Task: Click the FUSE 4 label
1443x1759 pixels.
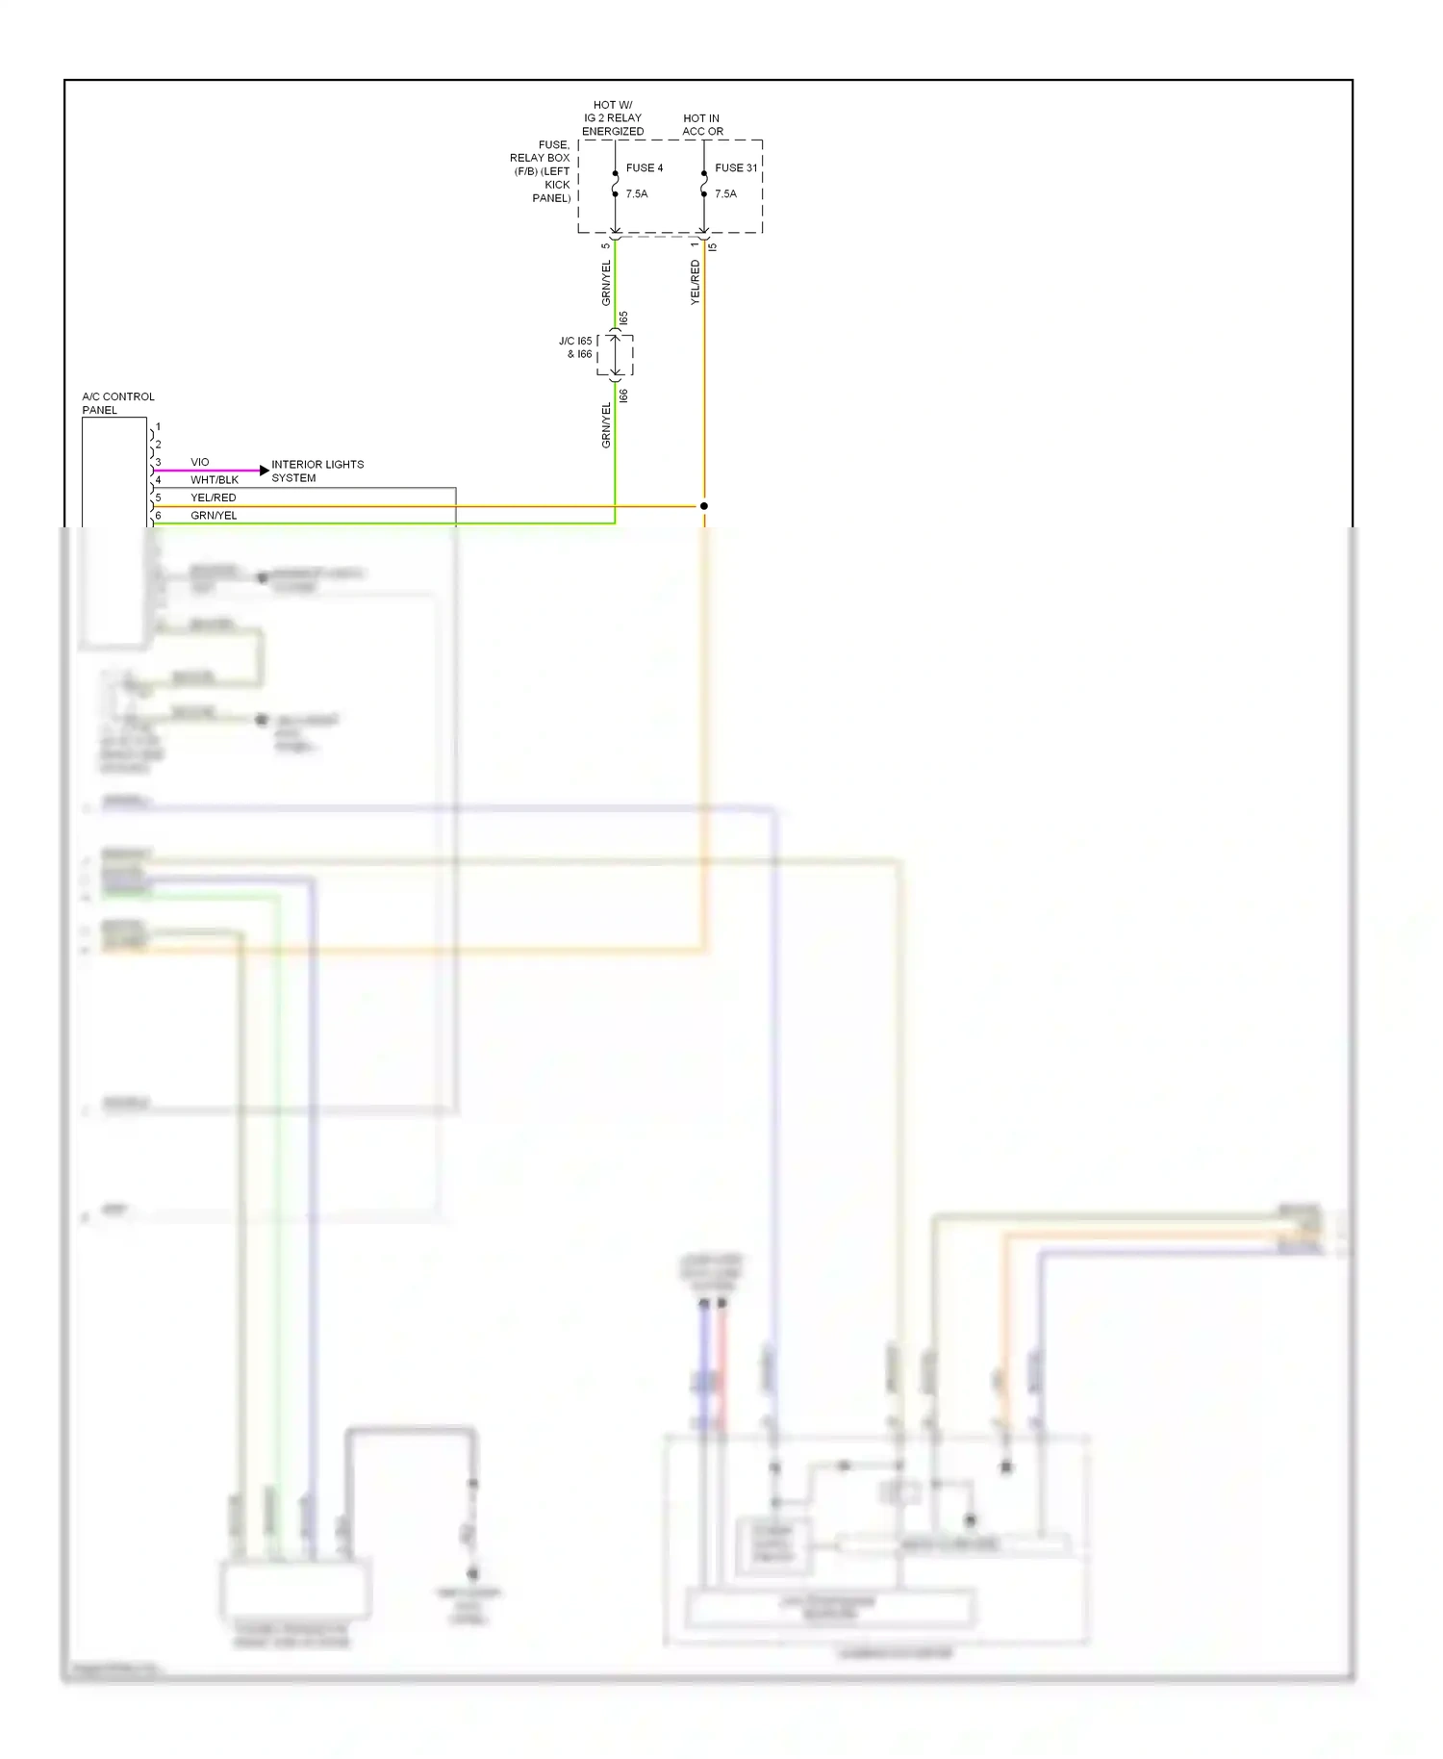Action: tap(644, 167)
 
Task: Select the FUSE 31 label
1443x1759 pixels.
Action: tap(735, 167)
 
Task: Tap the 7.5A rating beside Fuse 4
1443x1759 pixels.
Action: tap(636, 193)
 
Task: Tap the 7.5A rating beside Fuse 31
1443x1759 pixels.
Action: tap(725, 193)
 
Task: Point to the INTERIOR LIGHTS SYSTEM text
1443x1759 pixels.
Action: tap(316, 471)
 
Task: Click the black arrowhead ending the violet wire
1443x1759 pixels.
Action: tap(265, 471)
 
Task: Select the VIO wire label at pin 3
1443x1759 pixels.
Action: tap(199, 462)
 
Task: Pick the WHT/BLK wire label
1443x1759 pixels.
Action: tap(214, 479)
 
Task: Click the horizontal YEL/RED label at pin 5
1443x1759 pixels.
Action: tap(213, 497)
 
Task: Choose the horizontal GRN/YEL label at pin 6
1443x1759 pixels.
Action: tap(213, 516)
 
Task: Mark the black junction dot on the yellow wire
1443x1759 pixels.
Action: tap(704, 506)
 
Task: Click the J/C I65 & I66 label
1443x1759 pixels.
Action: tap(575, 347)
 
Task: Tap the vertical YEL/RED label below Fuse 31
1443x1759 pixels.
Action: tap(695, 283)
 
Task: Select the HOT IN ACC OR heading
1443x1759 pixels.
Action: tap(702, 125)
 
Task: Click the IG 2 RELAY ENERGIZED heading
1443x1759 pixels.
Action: tap(613, 118)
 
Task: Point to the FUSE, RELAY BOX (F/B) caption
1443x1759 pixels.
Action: tap(541, 171)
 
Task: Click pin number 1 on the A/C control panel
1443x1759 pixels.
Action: tap(158, 426)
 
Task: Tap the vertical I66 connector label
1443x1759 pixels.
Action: tap(623, 395)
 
